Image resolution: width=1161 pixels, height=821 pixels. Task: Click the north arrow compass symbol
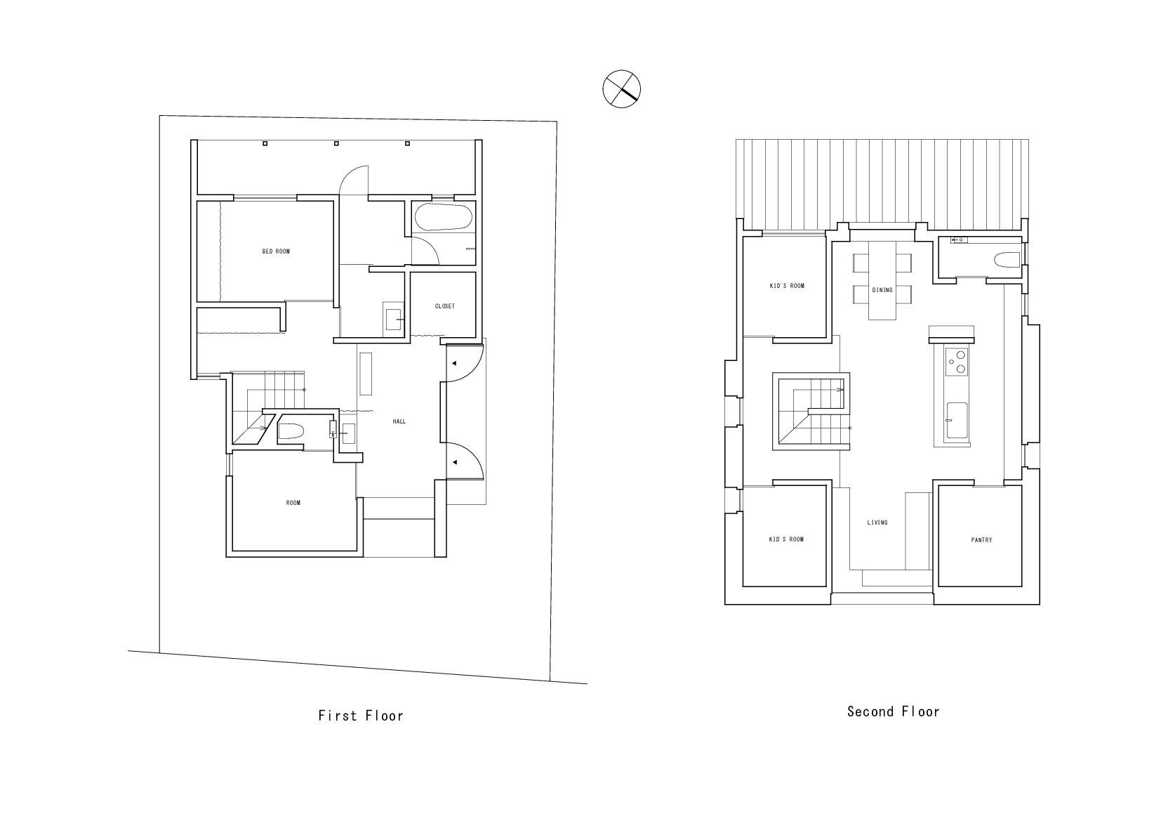[621, 89]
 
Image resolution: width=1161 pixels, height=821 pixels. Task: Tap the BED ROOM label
[276, 251]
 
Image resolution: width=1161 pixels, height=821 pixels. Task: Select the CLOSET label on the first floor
[445, 306]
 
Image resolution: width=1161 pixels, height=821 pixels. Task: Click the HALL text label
[399, 421]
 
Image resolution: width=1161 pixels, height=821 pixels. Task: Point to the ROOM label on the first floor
[293, 503]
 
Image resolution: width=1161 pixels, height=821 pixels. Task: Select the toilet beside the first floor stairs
[291, 431]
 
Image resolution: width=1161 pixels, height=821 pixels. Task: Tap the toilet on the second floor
[1007, 260]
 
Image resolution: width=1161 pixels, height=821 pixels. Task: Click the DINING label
[882, 290]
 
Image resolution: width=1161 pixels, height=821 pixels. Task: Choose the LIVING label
[877, 523]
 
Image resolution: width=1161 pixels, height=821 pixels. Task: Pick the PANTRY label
[982, 540]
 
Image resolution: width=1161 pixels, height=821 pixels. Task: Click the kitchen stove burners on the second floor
[957, 362]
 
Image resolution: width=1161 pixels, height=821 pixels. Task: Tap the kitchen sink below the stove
[957, 421]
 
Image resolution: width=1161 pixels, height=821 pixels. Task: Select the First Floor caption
[361, 716]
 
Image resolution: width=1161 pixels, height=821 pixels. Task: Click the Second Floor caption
[894, 711]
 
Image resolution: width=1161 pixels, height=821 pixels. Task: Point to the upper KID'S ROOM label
[787, 286]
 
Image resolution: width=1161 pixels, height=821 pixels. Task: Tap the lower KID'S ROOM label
[786, 539]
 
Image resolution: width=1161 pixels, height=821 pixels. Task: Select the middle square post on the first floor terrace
[336, 143]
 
